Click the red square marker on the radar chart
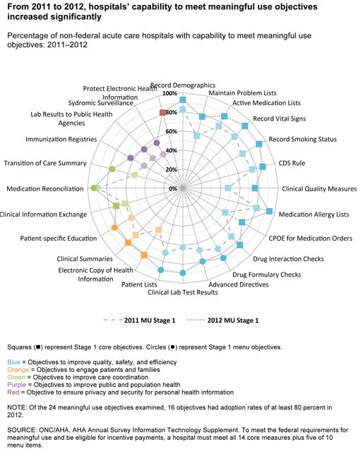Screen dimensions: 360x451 [x=162, y=112]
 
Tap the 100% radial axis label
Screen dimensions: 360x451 [x=170, y=93]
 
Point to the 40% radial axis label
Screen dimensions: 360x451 [x=172, y=150]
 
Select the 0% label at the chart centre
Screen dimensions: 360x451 [x=173, y=188]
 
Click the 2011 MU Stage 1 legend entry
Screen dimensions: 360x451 [x=139, y=320]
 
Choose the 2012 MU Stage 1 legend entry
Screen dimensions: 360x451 [x=222, y=320]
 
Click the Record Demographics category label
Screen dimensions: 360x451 [x=183, y=85]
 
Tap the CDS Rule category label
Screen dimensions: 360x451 [x=292, y=163]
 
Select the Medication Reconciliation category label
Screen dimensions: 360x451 [x=45, y=188]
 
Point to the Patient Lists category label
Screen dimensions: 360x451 [x=139, y=284]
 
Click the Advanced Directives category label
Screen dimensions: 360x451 [x=239, y=284]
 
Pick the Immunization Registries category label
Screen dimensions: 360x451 [x=61, y=139]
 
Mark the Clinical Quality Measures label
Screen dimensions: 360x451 [x=319, y=188]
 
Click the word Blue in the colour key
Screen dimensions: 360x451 [x=14, y=362]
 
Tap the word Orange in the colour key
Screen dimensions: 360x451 [x=18, y=370]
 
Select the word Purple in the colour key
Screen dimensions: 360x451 [x=17, y=385]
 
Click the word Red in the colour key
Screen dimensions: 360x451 [x=13, y=392]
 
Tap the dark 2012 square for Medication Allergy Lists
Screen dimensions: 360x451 [x=269, y=211]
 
